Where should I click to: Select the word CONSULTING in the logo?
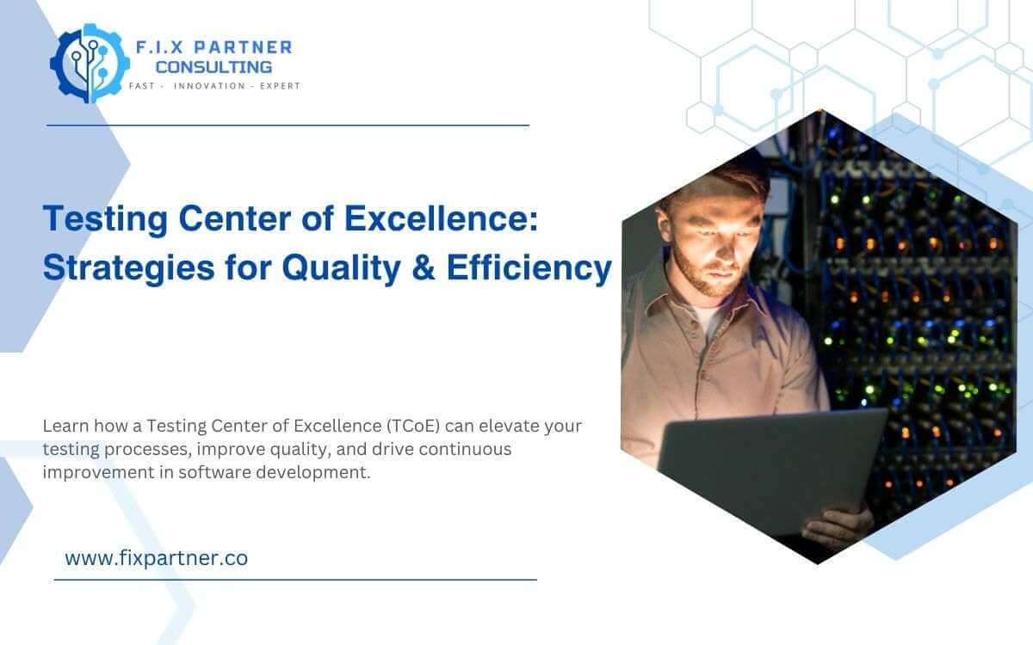pyautogui.click(x=213, y=66)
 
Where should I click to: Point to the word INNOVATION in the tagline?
pyautogui.click(x=209, y=86)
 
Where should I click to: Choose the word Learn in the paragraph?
pyautogui.click(x=64, y=426)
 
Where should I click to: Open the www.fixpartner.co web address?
pyautogui.click(x=156, y=558)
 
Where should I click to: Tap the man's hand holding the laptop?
pyautogui.click(x=844, y=523)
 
